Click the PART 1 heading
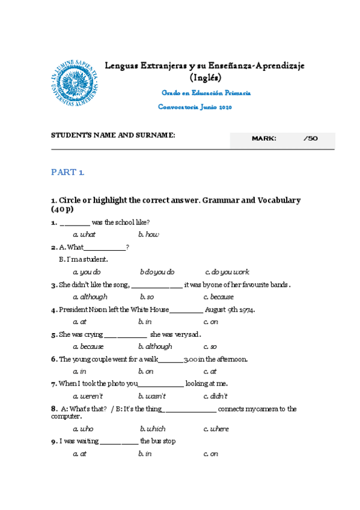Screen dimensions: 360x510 click(x=68, y=173)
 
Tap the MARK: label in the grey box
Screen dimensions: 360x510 click(x=264, y=139)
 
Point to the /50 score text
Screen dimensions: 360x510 click(x=311, y=139)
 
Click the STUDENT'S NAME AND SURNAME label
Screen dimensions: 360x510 click(x=113, y=135)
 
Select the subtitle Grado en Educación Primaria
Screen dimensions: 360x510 click(x=206, y=93)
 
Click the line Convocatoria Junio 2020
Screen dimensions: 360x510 click(x=195, y=107)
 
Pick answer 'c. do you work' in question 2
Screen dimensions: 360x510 click(x=227, y=272)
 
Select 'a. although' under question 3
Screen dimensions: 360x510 click(x=90, y=297)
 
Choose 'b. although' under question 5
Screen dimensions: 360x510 click(x=155, y=346)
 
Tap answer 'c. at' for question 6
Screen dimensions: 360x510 click(x=210, y=372)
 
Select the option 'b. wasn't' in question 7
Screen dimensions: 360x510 click(x=151, y=396)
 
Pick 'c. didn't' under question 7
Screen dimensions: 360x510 click(x=215, y=396)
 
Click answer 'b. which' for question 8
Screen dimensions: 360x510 click(x=153, y=429)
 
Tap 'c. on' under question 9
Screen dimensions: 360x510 click(x=210, y=454)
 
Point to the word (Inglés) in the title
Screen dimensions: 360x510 click(x=205, y=78)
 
